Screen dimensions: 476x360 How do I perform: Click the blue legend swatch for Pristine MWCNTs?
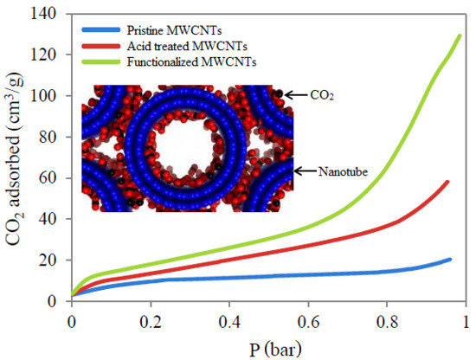point(100,29)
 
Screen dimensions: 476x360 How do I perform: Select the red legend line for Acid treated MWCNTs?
point(100,46)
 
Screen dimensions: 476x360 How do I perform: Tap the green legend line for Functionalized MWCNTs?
point(100,61)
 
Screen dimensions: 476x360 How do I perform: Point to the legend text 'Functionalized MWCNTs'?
point(191,62)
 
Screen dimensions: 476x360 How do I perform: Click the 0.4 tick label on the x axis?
point(229,323)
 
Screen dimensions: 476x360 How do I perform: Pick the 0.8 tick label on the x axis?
point(387,323)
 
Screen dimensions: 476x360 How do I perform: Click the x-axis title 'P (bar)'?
point(275,350)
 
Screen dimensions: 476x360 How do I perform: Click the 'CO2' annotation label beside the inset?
point(322,95)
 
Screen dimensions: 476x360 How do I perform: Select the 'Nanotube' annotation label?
point(343,172)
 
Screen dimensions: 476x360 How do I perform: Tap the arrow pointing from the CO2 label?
point(296,95)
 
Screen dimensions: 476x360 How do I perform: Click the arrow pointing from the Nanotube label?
point(306,171)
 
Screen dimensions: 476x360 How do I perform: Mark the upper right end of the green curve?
point(460,36)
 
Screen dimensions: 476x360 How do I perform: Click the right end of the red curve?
point(447,182)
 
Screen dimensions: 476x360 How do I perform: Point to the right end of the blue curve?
point(450,260)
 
